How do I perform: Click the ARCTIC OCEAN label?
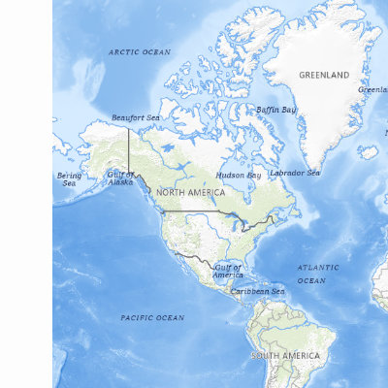click(x=140, y=51)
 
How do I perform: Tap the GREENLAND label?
click(x=324, y=75)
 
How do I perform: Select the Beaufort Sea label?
click(x=135, y=117)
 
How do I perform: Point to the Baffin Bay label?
click(x=276, y=110)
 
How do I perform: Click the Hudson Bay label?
click(x=239, y=176)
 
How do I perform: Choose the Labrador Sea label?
click(x=294, y=173)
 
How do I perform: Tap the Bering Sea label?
click(x=69, y=179)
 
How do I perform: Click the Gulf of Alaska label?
click(x=120, y=178)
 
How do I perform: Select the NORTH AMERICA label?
click(x=190, y=193)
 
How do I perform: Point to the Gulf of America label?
click(x=228, y=271)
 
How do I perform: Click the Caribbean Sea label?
click(x=257, y=290)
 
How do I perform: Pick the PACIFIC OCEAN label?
click(x=152, y=317)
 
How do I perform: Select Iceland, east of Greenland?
click(x=368, y=152)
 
